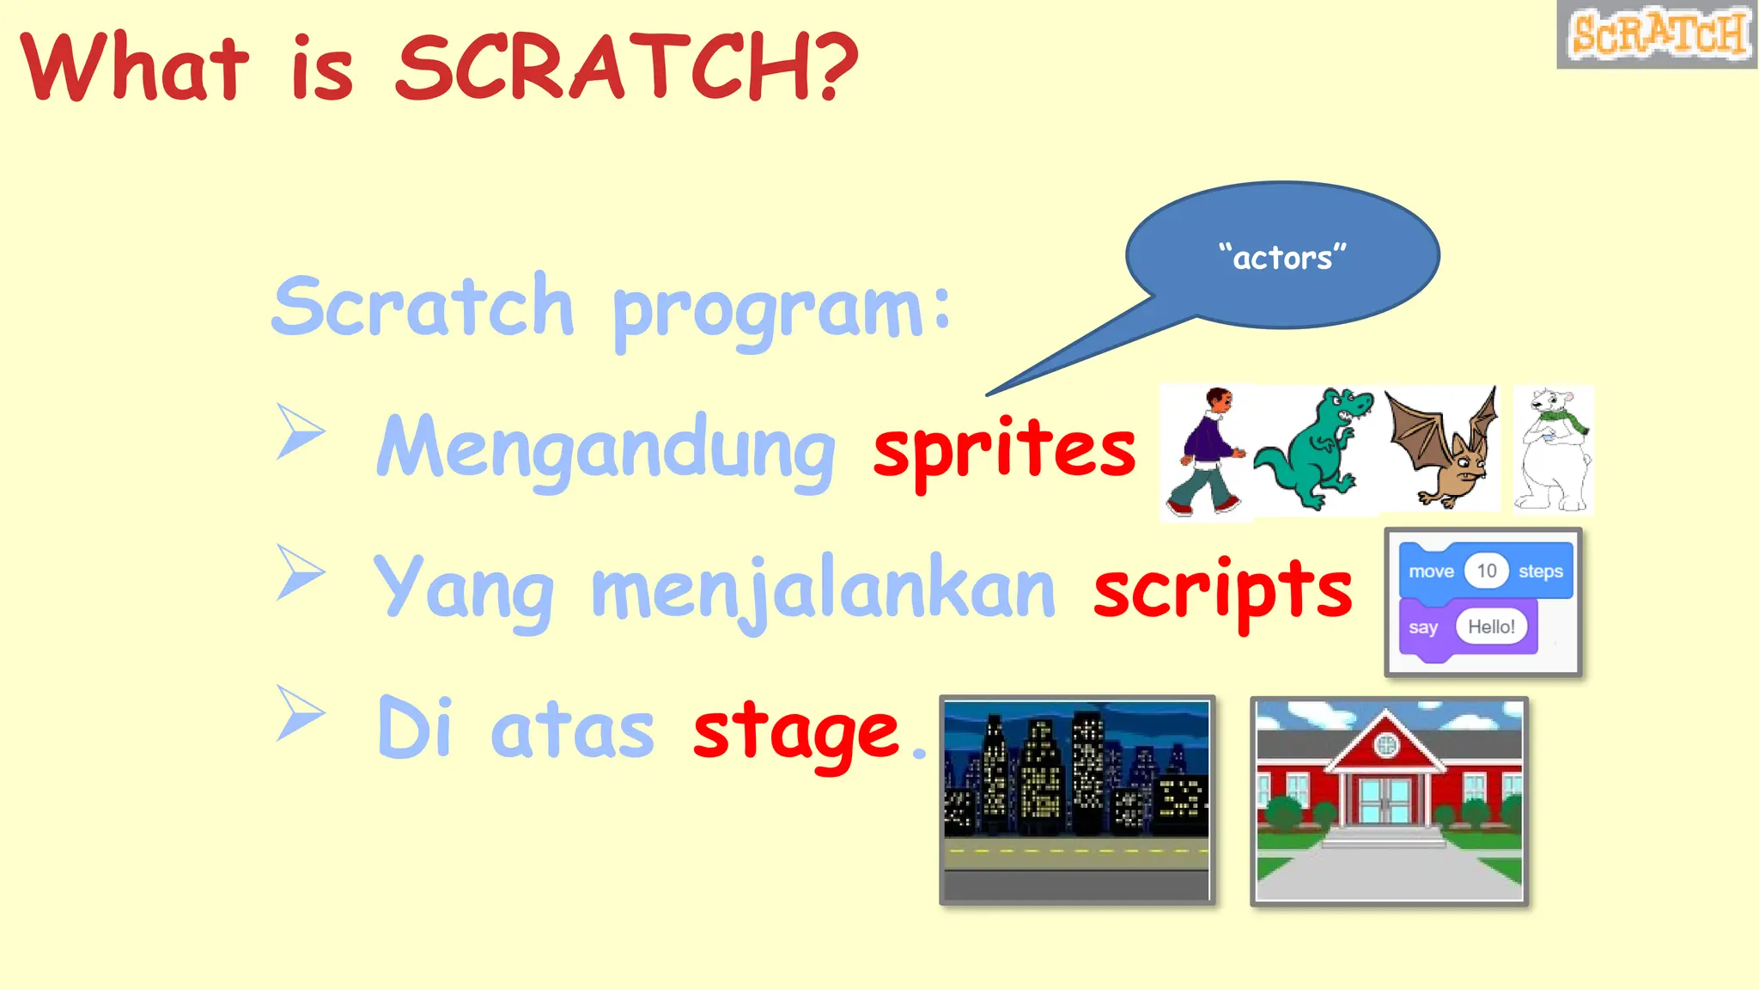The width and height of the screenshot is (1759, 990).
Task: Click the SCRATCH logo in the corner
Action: (x=1657, y=34)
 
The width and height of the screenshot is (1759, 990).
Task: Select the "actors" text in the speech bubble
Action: (x=1282, y=257)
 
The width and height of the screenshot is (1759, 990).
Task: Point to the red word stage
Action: (x=796, y=732)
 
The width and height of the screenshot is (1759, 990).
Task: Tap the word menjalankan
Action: (x=823, y=590)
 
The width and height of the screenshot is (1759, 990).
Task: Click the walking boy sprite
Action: (x=1205, y=451)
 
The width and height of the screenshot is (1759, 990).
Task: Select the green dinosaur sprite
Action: (x=1314, y=449)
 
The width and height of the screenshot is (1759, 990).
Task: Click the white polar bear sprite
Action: (x=1553, y=449)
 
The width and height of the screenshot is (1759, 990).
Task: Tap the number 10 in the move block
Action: (x=1486, y=571)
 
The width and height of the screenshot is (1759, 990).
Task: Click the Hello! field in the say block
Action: (x=1491, y=626)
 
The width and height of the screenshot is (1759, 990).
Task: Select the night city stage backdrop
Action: (x=1077, y=800)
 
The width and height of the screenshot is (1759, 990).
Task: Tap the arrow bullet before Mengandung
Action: (x=300, y=431)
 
